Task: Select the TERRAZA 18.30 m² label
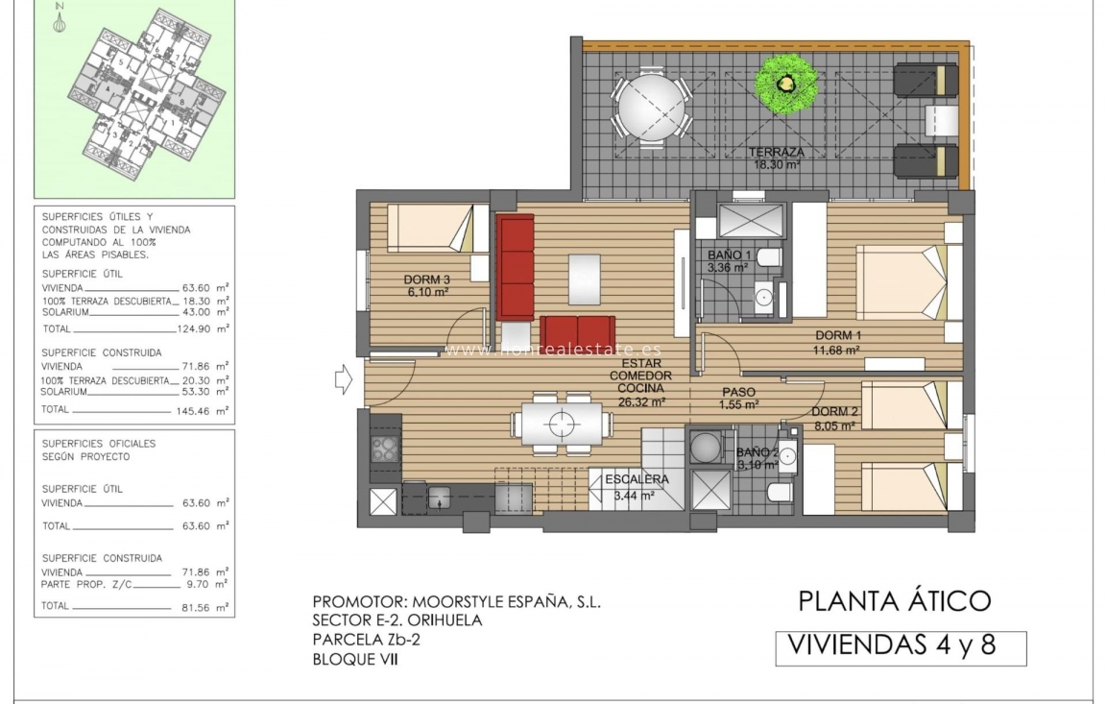tap(778, 158)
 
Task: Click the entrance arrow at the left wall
tap(343, 380)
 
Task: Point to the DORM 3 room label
tap(428, 285)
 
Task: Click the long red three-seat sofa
tap(515, 267)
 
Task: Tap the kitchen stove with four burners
tap(385, 449)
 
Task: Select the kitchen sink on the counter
tap(439, 498)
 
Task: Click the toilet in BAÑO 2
tap(779, 493)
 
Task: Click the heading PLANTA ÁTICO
tap(893, 601)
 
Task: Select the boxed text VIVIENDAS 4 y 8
tap(900, 646)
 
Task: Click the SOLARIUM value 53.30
tap(195, 392)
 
